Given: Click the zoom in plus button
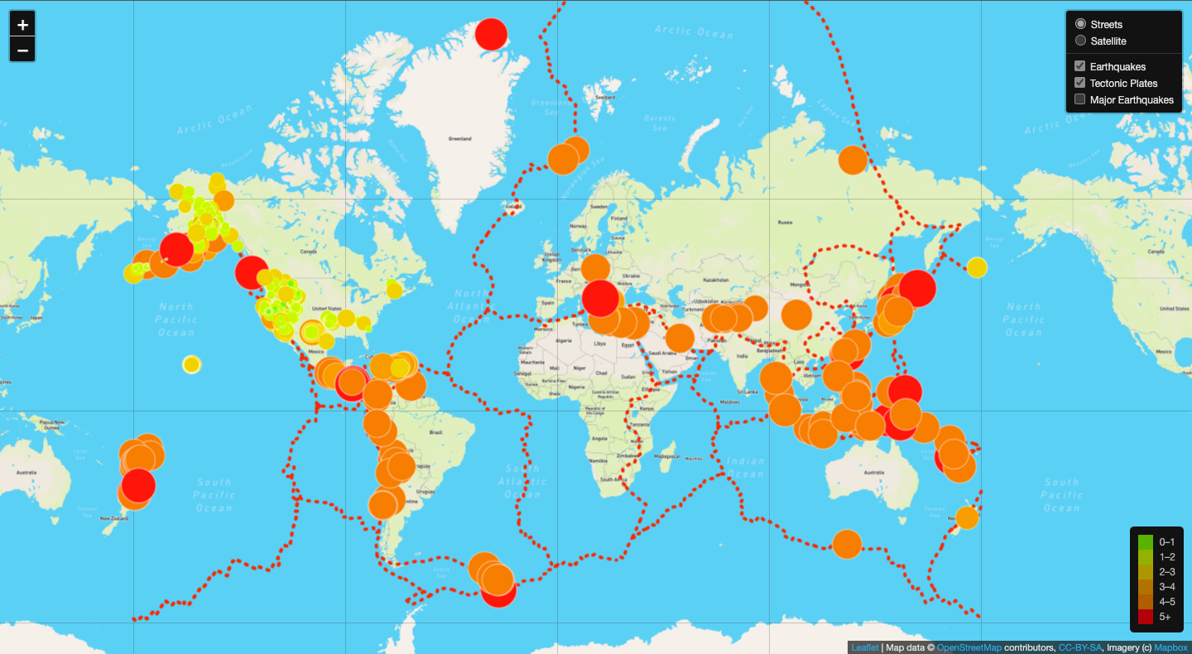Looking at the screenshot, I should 22,25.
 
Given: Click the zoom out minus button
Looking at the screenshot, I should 22,50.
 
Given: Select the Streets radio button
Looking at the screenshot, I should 1080,24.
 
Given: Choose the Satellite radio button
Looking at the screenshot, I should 1080,41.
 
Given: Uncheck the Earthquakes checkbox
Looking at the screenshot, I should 1080,66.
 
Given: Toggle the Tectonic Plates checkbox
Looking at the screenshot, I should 1080,83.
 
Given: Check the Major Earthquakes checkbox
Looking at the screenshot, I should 1080,99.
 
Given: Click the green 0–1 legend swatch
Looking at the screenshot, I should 1146,542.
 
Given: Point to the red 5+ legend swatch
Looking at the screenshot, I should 1146,617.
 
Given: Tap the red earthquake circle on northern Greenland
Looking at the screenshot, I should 491,34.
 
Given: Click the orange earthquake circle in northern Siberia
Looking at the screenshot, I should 852,159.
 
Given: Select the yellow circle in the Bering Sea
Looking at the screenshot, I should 978,267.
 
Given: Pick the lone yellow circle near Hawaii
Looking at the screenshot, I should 191,364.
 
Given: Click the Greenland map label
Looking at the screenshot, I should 460,138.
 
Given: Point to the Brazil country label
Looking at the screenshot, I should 431,432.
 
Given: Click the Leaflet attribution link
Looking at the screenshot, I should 864,647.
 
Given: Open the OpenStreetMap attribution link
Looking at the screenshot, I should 968,647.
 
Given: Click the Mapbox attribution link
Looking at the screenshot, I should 1170,647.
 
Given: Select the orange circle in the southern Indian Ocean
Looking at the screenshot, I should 847,544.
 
